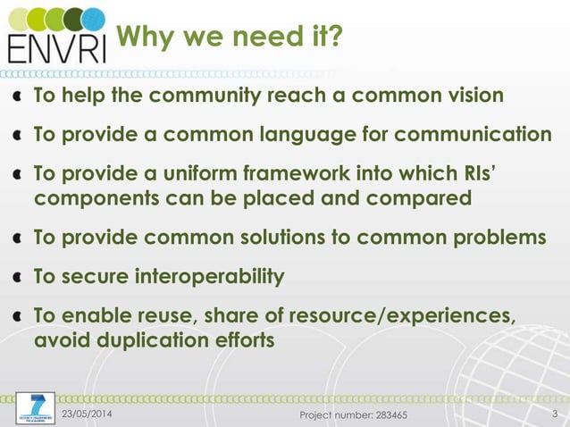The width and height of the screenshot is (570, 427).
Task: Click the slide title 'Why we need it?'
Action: click(x=230, y=38)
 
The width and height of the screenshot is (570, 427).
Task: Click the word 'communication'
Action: click(x=477, y=135)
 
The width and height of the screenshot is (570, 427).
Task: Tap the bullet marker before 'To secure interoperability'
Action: click(x=18, y=277)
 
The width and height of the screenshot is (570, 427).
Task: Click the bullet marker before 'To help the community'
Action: click(x=18, y=96)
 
